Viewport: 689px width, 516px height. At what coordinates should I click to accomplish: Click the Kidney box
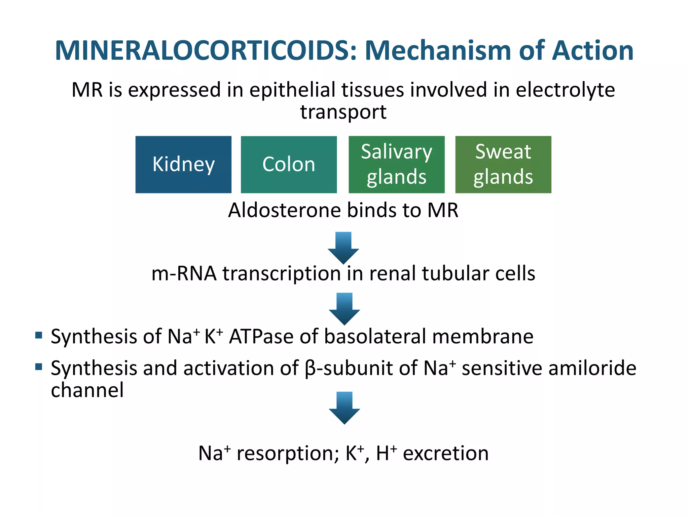(x=183, y=165)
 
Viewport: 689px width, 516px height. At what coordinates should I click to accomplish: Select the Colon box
(x=289, y=165)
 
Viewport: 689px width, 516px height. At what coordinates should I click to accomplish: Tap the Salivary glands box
(x=397, y=165)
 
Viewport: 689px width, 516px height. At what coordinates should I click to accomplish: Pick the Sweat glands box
(x=503, y=165)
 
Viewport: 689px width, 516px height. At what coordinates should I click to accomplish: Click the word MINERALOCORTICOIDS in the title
(x=205, y=51)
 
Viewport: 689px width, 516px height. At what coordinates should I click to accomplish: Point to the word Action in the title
(x=593, y=51)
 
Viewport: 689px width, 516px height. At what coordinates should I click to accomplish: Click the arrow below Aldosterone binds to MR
(x=343, y=248)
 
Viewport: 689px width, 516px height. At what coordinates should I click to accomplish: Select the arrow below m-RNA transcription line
(x=344, y=308)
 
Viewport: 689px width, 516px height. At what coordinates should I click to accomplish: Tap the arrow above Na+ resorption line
(x=344, y=407)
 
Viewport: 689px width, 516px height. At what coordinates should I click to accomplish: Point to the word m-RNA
(x=184, y=273)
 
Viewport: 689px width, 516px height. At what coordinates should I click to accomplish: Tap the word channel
(x=87, y=390)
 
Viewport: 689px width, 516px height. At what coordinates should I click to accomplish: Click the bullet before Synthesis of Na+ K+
(x=39, y=335)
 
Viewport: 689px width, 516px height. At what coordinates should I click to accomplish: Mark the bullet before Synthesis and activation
(x=39, y=367)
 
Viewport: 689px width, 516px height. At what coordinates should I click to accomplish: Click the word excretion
(x=446, y=454)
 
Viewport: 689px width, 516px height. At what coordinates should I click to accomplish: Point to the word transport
(x=343, y=112)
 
